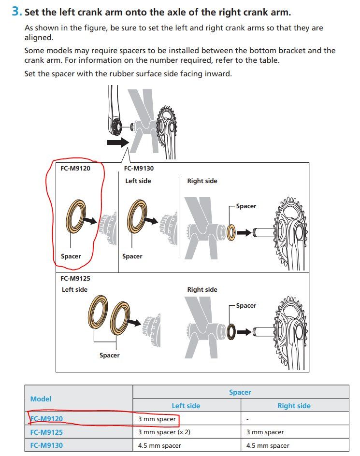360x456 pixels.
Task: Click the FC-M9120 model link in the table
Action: (46, 419)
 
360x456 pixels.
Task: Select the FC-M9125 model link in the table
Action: (46, 432)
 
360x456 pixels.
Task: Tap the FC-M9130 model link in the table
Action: (46, 445)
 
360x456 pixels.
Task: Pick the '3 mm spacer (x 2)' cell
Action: (164, 432)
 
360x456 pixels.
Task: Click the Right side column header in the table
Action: (294, 406)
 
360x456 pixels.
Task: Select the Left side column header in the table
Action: (186, 406)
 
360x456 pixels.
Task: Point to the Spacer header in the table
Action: (240, 392)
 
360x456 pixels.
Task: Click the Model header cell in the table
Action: (41, 399)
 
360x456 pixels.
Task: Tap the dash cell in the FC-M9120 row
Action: (247, 419)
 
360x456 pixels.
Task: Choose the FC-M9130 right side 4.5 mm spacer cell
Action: (268, 445)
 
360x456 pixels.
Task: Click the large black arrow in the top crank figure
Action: (117, 142)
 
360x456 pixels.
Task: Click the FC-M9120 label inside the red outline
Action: (75, 169)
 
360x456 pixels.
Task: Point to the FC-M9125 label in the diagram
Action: (75, 278)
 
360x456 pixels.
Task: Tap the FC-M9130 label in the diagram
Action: (139, 169)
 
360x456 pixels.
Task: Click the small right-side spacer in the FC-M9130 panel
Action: (231, 232)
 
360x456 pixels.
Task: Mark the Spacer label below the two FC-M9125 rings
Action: (109, 355)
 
